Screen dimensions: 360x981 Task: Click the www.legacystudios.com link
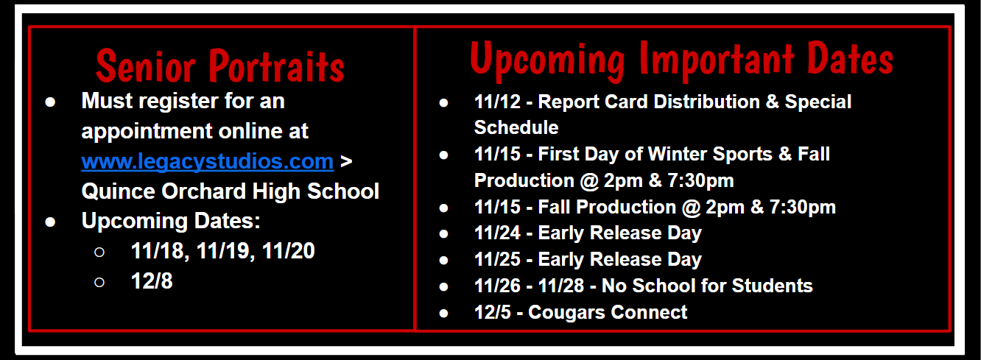pyautogui.click(x=208, y=160)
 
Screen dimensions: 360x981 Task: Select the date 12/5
pyautogui.click(x=492, y=312)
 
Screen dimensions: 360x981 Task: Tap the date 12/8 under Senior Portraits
pyautogui.click(x=152, y=281)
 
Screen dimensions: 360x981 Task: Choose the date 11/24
pyautogui.click(x=497, y=233)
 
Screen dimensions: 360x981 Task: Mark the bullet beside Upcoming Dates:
pyautogui.click(x=50, y=222)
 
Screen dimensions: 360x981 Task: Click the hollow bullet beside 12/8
pyautogui.click(x=99, y=282)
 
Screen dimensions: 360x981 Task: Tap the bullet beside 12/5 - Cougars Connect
pyautogui.click(x=444, y=313)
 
